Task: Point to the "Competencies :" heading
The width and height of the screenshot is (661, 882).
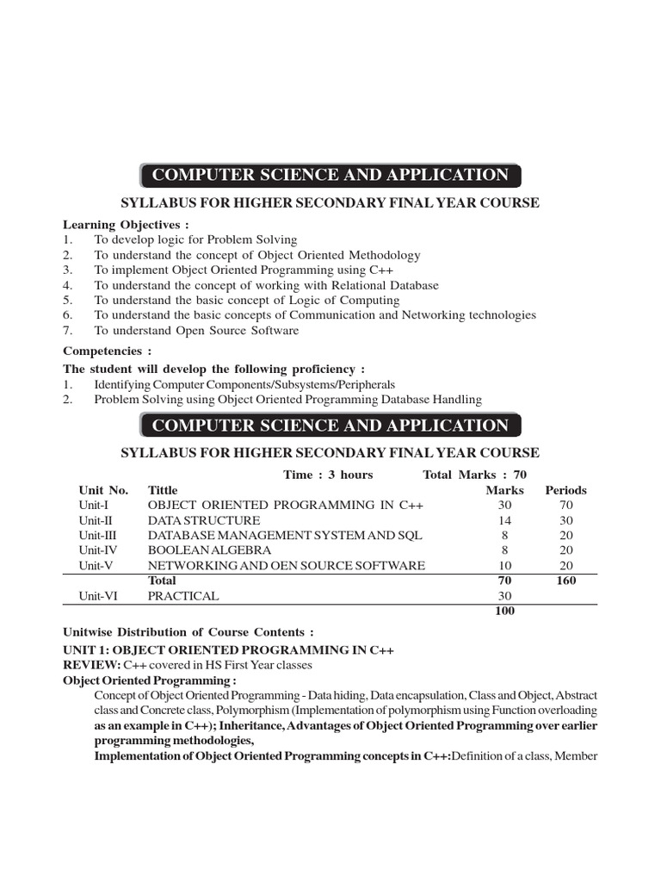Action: tap(107, 351)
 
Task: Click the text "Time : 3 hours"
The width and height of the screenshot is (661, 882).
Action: tap(328, 475)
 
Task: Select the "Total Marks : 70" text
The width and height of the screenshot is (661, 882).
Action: tap(474, 475)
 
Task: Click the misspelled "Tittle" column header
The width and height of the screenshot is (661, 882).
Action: tap(165, 490)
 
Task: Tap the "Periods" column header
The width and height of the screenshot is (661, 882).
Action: tap(565, 490)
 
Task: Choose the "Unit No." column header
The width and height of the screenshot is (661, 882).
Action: tap(103, 490)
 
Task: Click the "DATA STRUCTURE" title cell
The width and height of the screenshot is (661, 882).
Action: tap(203, 520)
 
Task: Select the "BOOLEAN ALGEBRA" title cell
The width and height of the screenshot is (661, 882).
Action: tap(209, 550)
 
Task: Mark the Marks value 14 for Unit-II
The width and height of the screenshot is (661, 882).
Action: tap(504, 520)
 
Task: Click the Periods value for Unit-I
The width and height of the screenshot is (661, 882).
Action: tap(565, 505)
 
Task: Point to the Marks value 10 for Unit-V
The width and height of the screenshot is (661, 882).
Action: tap(504, 565)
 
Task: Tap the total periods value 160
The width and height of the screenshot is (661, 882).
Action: tap(565, 581)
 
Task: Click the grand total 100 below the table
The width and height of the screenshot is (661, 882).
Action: tap(504, 611)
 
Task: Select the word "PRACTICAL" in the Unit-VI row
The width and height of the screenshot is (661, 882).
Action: tap(183, 595)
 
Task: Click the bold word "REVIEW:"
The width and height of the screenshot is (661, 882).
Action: tap(91, 666)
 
